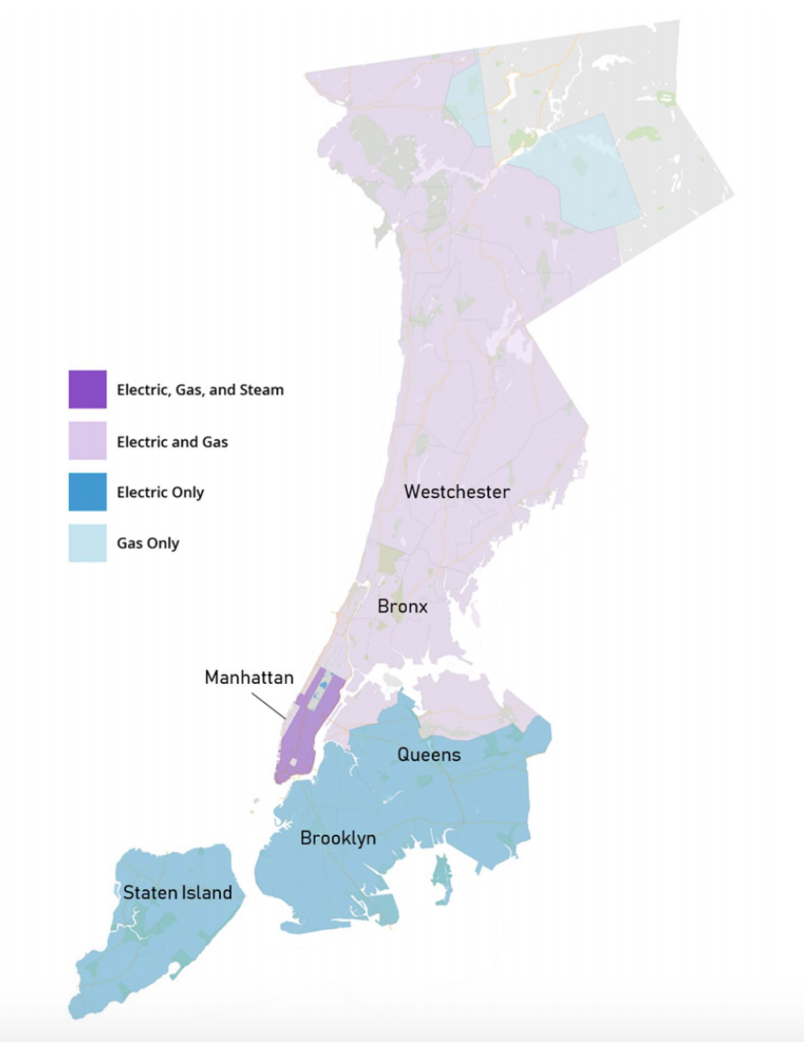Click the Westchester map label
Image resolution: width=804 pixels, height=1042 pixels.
457,492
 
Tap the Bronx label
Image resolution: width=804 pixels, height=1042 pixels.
402,606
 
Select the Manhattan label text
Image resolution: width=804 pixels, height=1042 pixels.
249,677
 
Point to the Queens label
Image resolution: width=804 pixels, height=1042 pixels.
429,755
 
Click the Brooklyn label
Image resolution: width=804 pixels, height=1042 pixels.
337,838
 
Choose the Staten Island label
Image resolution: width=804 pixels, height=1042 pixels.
178,893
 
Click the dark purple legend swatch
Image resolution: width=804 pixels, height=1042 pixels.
87,389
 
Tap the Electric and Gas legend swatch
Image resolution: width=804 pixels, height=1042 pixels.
87,441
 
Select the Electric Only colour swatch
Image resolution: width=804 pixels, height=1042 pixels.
87,492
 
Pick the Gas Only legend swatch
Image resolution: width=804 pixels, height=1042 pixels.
87,543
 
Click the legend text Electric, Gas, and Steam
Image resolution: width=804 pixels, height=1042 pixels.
200,390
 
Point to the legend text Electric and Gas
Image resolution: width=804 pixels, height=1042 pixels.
173,442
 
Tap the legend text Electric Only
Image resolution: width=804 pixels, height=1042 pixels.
160,493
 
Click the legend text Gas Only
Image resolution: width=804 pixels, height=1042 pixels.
148,543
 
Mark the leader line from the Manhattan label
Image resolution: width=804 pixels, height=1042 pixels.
272,705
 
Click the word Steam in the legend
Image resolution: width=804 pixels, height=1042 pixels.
262,390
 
